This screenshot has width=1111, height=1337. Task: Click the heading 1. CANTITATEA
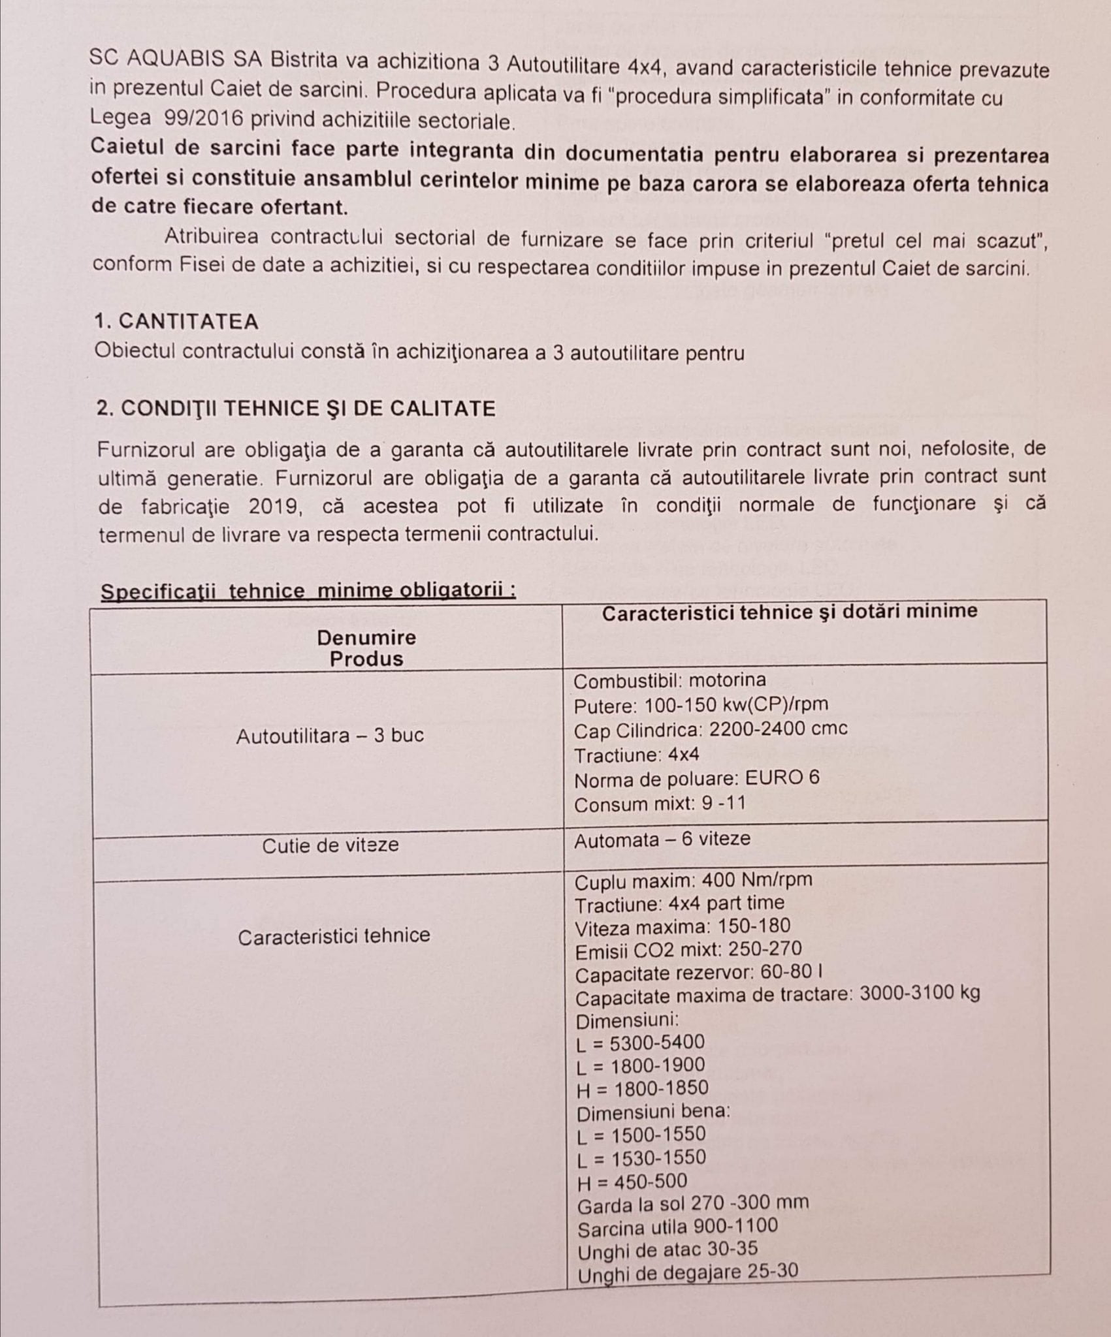[x=176, y=322]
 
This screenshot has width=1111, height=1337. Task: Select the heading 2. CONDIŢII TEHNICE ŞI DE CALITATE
[x=296, y=409]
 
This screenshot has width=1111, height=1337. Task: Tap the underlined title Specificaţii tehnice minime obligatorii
[x=308, y=591]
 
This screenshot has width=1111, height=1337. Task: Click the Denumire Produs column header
[x=366, y=648]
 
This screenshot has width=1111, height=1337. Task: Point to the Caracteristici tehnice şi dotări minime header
[x=789, y=612]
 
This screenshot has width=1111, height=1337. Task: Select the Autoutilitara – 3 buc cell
[x=330, y=736]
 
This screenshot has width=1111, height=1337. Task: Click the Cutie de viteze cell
[x=330, y=846]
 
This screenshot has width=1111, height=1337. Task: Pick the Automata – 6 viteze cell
[x=662, y=839]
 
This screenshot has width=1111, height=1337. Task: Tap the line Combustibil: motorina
[x=669, y=680]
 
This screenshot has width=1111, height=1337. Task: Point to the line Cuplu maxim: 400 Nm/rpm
[x=693, y=881]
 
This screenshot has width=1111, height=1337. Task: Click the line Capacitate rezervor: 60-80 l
[x=698, y=973]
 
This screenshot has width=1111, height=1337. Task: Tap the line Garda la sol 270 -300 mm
[x=692, y=1203]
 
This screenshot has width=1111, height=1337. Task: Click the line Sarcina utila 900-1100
[x=677, y=1226]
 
